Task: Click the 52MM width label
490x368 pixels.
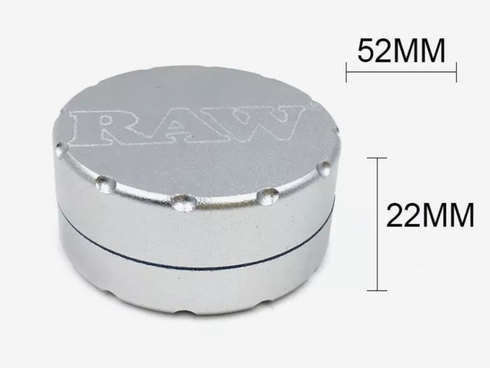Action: click(x=401, y=51)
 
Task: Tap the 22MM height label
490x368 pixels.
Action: click(x=430, y=215)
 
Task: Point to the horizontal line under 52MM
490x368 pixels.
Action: click(x=401, y=72)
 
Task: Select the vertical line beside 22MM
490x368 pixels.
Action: click(x=377, y=224)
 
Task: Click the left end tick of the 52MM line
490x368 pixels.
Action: click(x=346, y=72)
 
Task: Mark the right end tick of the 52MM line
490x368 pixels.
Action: click(x=456, y=72)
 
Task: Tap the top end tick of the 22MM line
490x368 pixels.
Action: click(x=377, y=158)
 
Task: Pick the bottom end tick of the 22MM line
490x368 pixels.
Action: click(x=377, y=290)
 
